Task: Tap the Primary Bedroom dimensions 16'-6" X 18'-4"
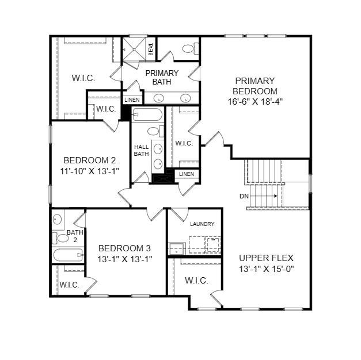click(x=254, y=101)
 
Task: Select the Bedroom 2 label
click(x=89, y=160)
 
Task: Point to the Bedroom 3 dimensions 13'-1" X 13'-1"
click(x=124, y=258)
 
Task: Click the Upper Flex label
click(x=266, y=258)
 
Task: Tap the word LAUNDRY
click(x=202, y=224)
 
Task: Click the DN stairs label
click(x=244, y=196)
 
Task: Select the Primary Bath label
click(x=161, y=77)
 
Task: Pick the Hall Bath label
click(x=141, y=150)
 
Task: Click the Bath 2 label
click(x=75, y=236)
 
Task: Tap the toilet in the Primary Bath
click(x=188, y=49)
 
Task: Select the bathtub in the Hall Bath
click(x=147, y=116)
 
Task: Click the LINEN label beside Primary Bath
click(x=132, y=100)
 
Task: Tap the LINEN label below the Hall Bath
click(x=186, y=174)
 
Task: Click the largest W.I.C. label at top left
click(x=83, y=78)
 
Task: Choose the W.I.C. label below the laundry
click(x=196, y=281)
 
